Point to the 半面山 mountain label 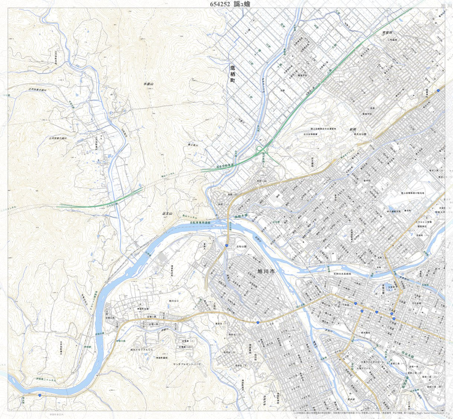pyautogui.click(x=150, y=84)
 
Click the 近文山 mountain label pyautogui.click(x=167, y=214)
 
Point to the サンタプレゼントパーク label pyautogui.click(x=187, y=364)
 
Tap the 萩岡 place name pyautogui.click(x=353, y=129)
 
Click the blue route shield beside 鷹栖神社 pyautogui.click(x=438, y=91)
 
